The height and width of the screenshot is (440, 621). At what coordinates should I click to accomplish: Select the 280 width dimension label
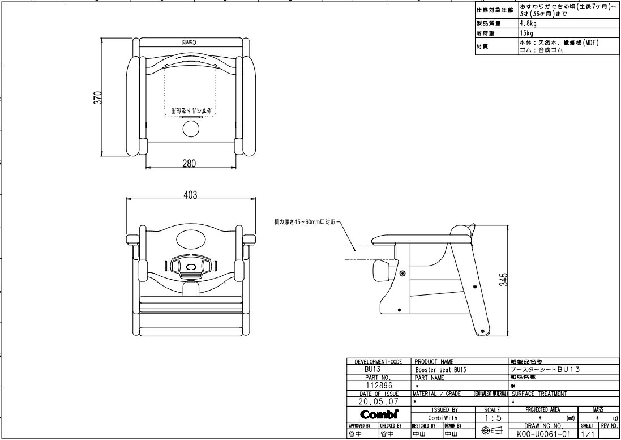tap(189, 164)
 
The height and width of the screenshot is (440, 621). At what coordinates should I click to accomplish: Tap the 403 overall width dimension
tap(190, 195)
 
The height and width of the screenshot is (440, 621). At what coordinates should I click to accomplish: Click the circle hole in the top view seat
tap(191, 130)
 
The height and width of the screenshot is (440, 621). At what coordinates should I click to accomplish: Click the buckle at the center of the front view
tap(191, 266)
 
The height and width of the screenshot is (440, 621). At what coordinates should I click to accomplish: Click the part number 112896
tap(375, 386)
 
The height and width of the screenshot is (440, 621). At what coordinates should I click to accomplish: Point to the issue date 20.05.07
tap(375, 401)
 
